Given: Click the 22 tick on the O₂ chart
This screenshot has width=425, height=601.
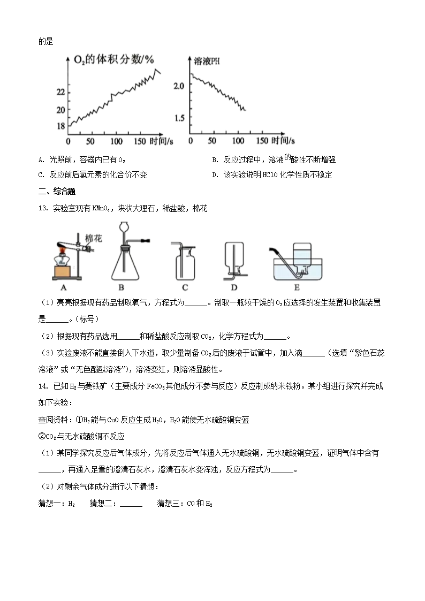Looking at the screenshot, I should (x=60, y=93).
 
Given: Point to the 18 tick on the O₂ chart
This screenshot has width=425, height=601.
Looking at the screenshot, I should (x=60, y=126).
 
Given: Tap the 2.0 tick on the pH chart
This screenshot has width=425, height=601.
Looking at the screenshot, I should (x=179, y=86).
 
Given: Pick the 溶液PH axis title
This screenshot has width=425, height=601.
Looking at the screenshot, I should (x=207, y=62).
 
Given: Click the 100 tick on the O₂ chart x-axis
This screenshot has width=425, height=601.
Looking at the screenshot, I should (x=115, y=141).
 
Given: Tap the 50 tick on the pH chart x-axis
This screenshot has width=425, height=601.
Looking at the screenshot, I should (x=212, y=141).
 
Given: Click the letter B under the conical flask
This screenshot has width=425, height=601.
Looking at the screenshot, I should (x=128, y=287).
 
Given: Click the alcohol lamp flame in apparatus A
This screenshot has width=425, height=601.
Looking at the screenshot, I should (x=62, y=249).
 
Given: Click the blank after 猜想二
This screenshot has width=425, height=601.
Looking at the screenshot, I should (x=131, y=504).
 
